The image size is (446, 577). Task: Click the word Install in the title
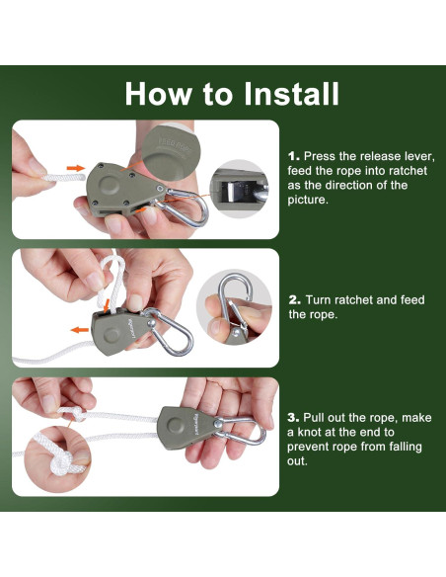[291, 94]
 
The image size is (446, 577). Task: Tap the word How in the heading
[158, 94]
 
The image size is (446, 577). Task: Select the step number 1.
[293, 156]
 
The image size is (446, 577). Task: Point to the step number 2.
[294, 300]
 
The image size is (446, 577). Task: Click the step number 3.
[293, 418]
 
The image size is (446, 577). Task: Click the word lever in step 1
[420, 156]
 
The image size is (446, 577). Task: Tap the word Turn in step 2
[318, 300]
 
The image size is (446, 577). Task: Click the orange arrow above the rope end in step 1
[76, 168]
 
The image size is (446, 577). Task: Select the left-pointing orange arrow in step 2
[80, 330]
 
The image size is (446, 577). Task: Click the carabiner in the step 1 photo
[185, 207]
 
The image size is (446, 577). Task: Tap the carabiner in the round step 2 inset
[235, 300]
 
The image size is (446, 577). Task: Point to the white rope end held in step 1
[63, 178]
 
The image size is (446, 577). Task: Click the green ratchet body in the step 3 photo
[185, 428]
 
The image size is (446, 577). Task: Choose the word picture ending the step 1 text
[307, 200]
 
